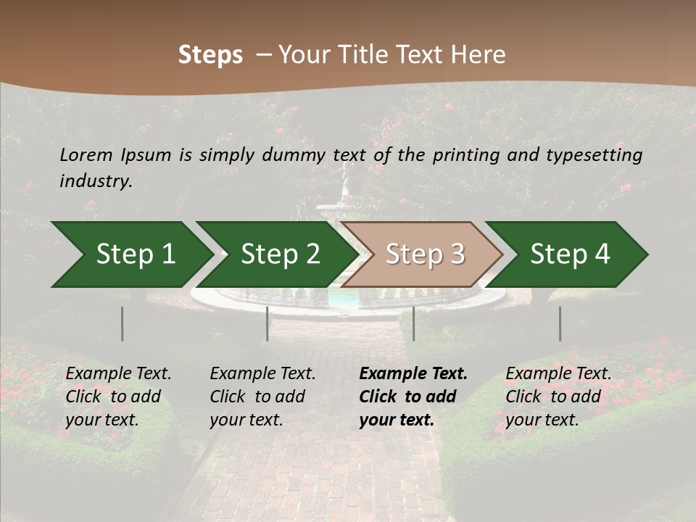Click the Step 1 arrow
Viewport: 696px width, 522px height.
click(135, 254)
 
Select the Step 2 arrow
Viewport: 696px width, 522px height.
click(280, 254)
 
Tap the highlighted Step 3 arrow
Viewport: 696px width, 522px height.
click(425, 254)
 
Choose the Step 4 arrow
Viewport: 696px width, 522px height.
click(570, 254)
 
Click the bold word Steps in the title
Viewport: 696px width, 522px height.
click(210, 55)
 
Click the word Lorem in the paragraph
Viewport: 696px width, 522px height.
click(86, 154)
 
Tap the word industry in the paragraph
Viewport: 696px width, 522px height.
click(96, 181)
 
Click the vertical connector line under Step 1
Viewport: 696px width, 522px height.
click(123, 323)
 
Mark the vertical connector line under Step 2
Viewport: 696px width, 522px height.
click(268, 323)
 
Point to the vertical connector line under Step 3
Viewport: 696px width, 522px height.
click(413, 323)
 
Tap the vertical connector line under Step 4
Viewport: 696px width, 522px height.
click(560, 323)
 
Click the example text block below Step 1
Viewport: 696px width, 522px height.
click(117, 397)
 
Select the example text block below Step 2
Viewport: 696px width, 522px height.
click(262, 397)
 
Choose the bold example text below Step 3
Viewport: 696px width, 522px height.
click(413, 397)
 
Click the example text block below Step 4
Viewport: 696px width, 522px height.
click(558, 397)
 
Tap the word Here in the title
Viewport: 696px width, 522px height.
click(481, 55)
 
